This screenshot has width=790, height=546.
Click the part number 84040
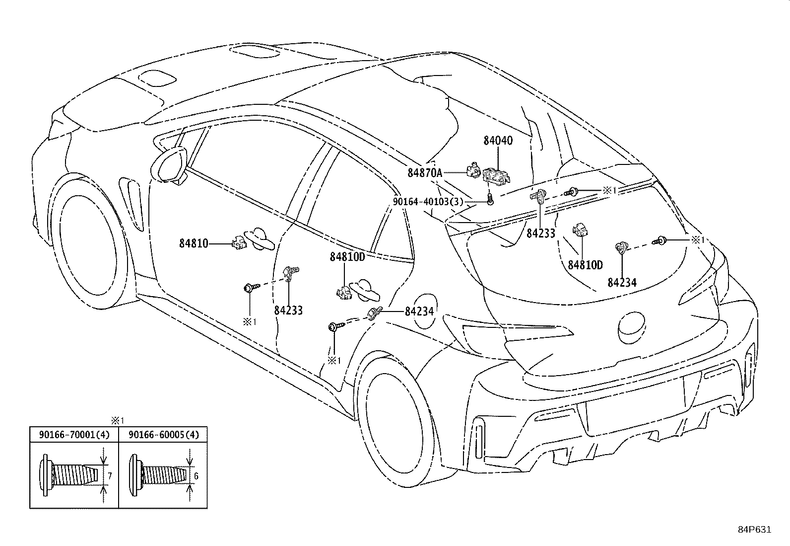[x=498, y=141]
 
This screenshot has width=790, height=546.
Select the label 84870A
[x=425, y=173]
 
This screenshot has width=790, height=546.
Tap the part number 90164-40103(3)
[x=428, y=202]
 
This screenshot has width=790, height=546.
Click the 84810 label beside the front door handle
[x=194, y=243]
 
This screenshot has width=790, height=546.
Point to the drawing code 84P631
[x=755, y=530]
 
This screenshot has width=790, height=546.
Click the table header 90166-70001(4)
[x=74, y=435]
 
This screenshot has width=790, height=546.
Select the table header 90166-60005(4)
[x=164, y=435]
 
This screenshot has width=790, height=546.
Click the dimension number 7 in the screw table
[x=110, y=476]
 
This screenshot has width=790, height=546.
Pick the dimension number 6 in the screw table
[x=196, y=476]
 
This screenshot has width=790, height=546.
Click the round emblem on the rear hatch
[x=631, y=328]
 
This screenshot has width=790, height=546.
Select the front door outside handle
[x=259, y=239]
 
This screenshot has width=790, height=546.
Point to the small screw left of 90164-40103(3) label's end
[x=490, y=199]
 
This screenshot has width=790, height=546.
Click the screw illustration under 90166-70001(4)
[x=69, y=475]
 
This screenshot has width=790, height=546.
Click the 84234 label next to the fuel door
[x=419, y=312]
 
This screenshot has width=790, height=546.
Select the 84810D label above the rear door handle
[x=347, y=257]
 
